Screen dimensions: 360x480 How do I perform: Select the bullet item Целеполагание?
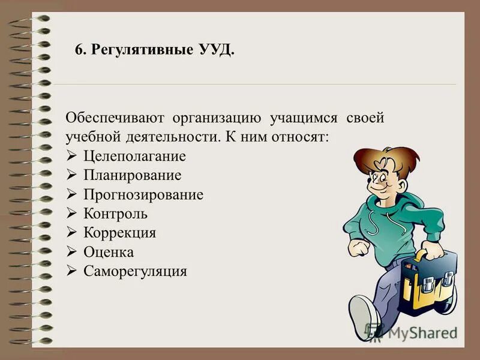(135, 157)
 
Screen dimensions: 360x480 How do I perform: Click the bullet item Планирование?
(133, 176)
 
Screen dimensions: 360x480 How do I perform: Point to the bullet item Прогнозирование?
(143, 195)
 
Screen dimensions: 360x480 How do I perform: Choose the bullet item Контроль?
(116, 214)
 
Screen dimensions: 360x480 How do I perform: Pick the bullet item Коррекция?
(120, 233)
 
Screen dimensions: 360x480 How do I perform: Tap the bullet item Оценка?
(109, 252)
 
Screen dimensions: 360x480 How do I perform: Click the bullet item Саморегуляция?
(136, 271)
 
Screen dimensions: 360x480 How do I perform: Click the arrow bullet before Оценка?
(71, 252)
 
